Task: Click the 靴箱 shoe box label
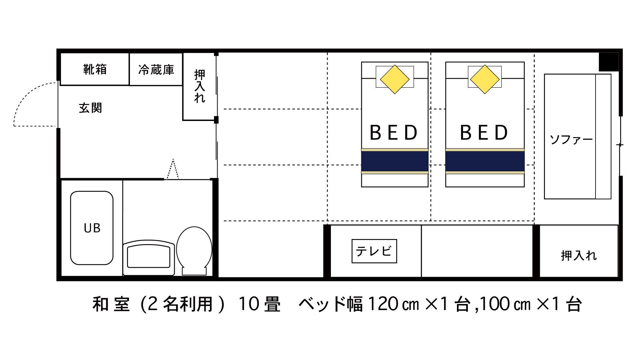coord(95,69)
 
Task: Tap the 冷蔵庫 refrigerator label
coord(156,70)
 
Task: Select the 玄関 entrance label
coord(90,108)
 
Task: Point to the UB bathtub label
coord(92,228)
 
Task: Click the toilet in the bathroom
coord(194,251)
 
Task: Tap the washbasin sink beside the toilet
coord(149,258)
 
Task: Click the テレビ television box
coord(374,251)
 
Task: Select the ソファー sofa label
coord(571,140)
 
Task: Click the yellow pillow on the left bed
coord(395,79)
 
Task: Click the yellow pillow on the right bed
coord(485,79)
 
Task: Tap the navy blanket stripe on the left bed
coord(395,161)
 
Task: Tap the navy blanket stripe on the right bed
coord(485,161)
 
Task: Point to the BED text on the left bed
coord(394,133)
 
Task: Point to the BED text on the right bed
coord(484,133)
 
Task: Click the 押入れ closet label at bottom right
coord(579,255)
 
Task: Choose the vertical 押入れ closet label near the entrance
coord(200,86)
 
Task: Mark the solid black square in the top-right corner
coord(609,62)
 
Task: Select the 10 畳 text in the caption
coord(260,304)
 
